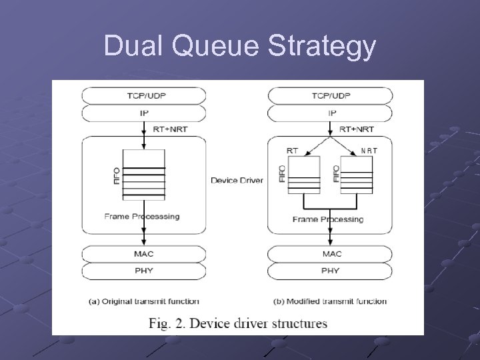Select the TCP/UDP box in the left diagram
click(144, 95)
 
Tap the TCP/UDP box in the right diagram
click(331, 95)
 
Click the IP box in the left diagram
click(144, 113)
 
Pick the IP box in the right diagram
click(331, 113)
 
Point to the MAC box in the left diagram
click(144, 254)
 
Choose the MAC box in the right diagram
click(331, 254)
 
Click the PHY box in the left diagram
click(144, 271)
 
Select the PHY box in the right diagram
click(331, 271)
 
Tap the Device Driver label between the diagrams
click(237, 180)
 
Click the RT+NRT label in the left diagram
click(170, 129)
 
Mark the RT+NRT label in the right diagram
click(357, 129)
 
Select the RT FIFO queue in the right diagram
click(303, 175)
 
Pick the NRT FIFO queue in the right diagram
click(356, 175)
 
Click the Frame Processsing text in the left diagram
click(142, 217)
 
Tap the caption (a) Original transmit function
click(144, 301)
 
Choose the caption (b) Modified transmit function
click(330, 301)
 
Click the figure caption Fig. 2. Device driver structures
click(238, 324)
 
